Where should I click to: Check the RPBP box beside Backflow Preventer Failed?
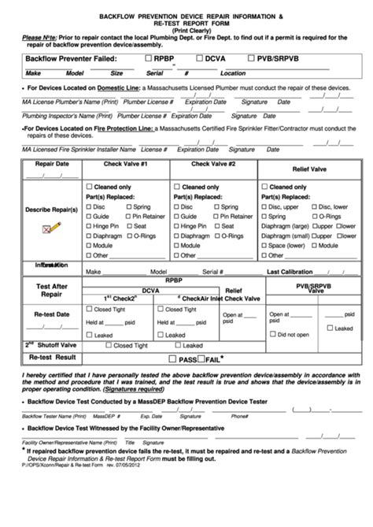click(x=149, y=58)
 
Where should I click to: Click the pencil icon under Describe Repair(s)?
click(x=46, y=228)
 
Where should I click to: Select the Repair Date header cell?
click(x=46, y=164)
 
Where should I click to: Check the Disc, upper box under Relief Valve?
click(x=264, y=206)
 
